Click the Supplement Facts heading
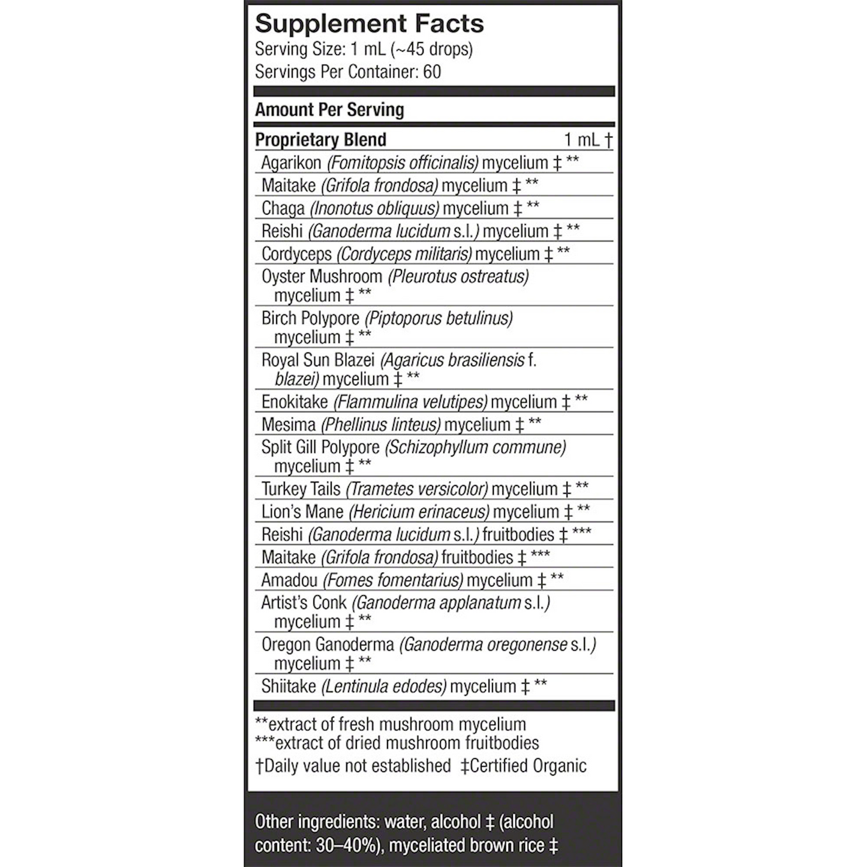click(369, 24)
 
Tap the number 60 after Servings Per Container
click(432, 72)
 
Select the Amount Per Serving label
click(329, 110)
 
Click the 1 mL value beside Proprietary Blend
click(583, 140)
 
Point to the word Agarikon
click(291, 163)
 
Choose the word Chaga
click(283, 208)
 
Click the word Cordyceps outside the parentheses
click(296, 254)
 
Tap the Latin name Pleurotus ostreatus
click(458, 277)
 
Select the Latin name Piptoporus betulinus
click(439, 318)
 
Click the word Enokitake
click(295, 401)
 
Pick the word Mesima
click(288, 424)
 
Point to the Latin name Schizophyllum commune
click(475, 447)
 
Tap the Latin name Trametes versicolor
click(417, 489)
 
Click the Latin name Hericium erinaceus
click(419, 512)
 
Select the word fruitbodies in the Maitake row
click(477, 557)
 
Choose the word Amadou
click(290, 580)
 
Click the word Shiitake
click(289, 686)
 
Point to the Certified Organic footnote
click(523, 766)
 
